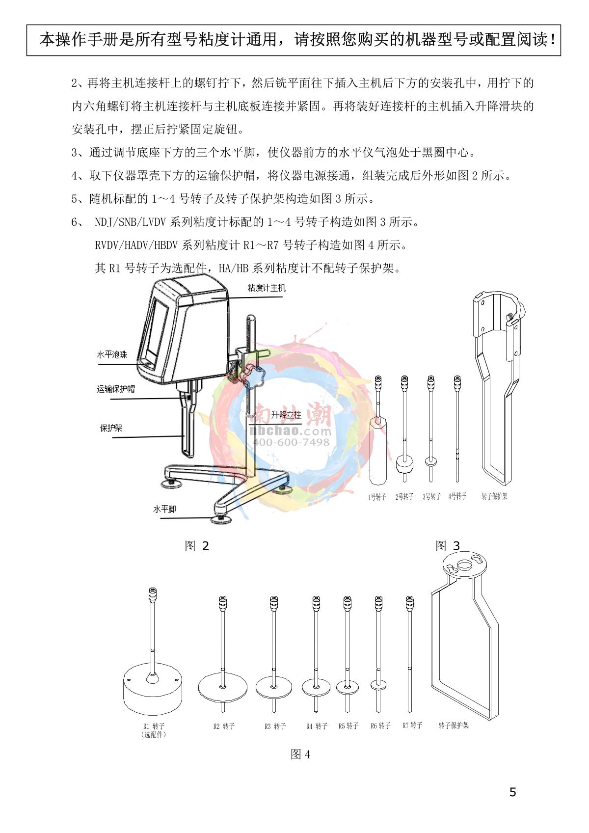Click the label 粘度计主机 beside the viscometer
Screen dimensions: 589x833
(x=266, y=288)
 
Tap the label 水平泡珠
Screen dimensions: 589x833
(x=112, y=354)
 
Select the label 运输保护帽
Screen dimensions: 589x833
(x=116, y=389)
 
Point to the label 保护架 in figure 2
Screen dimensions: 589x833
(x=111, y=428)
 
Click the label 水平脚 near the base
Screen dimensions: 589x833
(x=164, y=509)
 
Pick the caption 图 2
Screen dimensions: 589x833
(x=197, y=546)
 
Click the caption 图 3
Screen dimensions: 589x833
(x=448, y=546)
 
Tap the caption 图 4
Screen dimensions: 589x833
(x=300, y=754)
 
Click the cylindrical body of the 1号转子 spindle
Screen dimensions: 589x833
(x=378, y=451)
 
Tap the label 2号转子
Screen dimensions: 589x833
(x=404, y=496)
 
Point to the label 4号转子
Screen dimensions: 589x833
(x=457, y=496)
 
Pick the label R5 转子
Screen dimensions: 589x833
(x=348, y=726)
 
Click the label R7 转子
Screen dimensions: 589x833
(x=412, y=725)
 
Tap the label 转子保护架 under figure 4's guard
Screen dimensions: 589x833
(x=454, y=725)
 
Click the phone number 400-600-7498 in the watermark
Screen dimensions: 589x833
(x=291, y=442)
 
